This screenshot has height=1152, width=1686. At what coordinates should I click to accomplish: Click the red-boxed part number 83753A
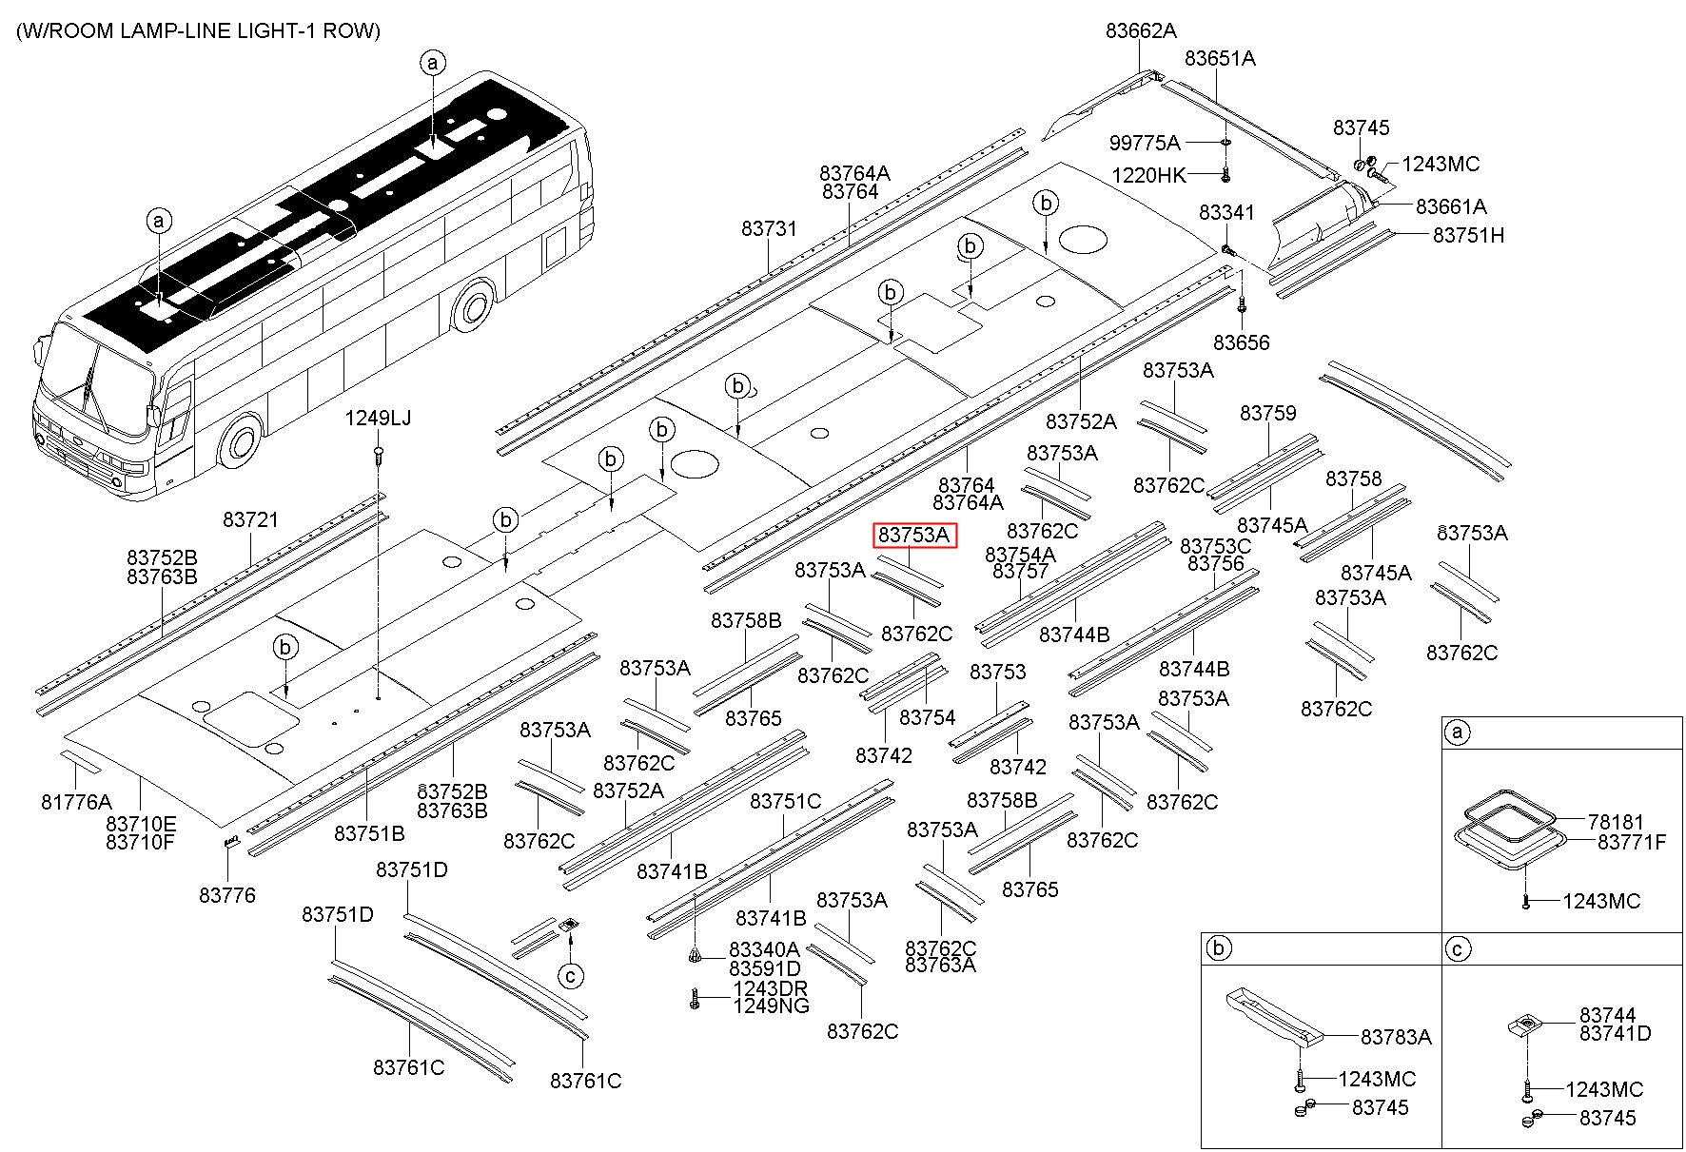[914, 536]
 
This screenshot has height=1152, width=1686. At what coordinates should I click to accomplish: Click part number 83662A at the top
[1141, 30]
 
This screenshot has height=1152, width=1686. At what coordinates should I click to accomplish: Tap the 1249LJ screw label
[378, 418]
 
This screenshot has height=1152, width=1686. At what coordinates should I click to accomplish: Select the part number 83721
[251, 519]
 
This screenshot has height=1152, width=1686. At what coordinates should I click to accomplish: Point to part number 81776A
[76, 802]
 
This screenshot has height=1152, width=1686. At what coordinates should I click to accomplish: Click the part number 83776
[227, 895]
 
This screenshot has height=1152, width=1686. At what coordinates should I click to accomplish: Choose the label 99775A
[1145, 144]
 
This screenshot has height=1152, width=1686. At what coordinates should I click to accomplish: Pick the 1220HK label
[1149, 176]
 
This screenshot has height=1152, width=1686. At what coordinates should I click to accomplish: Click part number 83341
[1226, 213]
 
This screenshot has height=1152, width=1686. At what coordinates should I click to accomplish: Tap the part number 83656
[1242, 342]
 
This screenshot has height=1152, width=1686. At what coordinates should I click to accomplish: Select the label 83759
[1268, 413]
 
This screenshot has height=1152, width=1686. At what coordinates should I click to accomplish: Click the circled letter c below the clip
[570, 976]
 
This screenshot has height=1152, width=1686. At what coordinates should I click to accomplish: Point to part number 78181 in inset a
[1616, 822]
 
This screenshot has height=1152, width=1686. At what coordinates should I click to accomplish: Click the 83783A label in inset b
[1396, 1037]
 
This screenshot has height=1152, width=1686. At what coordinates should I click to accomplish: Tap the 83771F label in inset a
[1632, 842]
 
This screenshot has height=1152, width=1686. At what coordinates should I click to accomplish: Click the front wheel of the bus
[241, 444]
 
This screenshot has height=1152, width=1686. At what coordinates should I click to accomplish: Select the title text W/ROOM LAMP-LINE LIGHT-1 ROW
[198, 30]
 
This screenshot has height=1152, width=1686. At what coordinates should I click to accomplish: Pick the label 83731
[770, 229]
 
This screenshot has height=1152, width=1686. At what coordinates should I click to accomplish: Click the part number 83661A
[1451, 206]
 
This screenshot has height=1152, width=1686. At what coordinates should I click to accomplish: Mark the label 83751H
[1468, 235]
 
